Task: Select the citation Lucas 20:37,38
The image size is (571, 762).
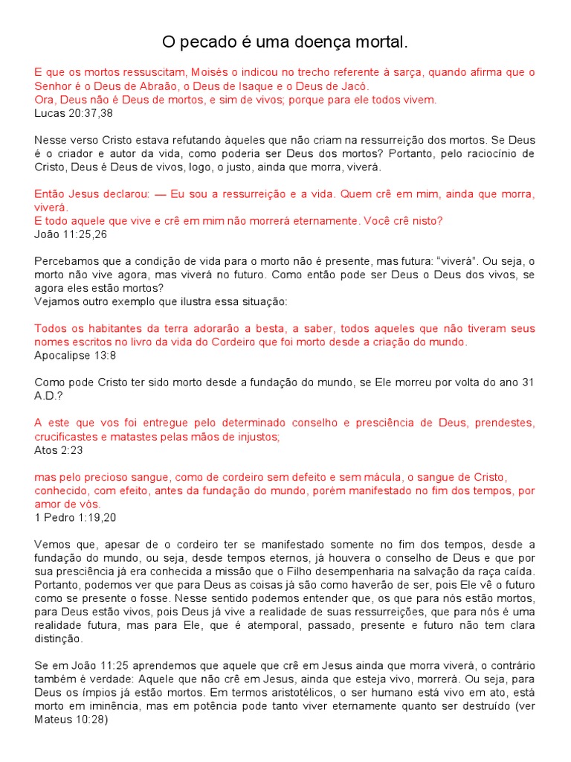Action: point(74,113)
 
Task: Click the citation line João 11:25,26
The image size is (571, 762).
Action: point(71,234)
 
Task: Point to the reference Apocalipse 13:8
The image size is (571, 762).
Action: point(75,355)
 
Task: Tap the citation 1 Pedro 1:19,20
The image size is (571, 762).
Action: point(76,516)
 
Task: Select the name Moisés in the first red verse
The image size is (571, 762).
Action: point(211,72)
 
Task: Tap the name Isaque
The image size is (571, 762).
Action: point(285,86)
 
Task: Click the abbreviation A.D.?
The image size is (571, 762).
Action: point(49,395)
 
